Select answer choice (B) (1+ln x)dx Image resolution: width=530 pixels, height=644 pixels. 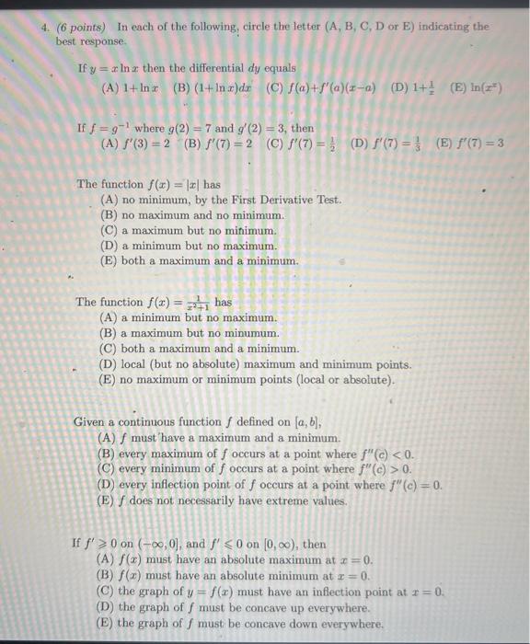(213, 88)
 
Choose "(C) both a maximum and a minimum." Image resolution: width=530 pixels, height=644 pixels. (202, 348)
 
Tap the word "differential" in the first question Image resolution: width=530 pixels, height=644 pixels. (219, 69)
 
